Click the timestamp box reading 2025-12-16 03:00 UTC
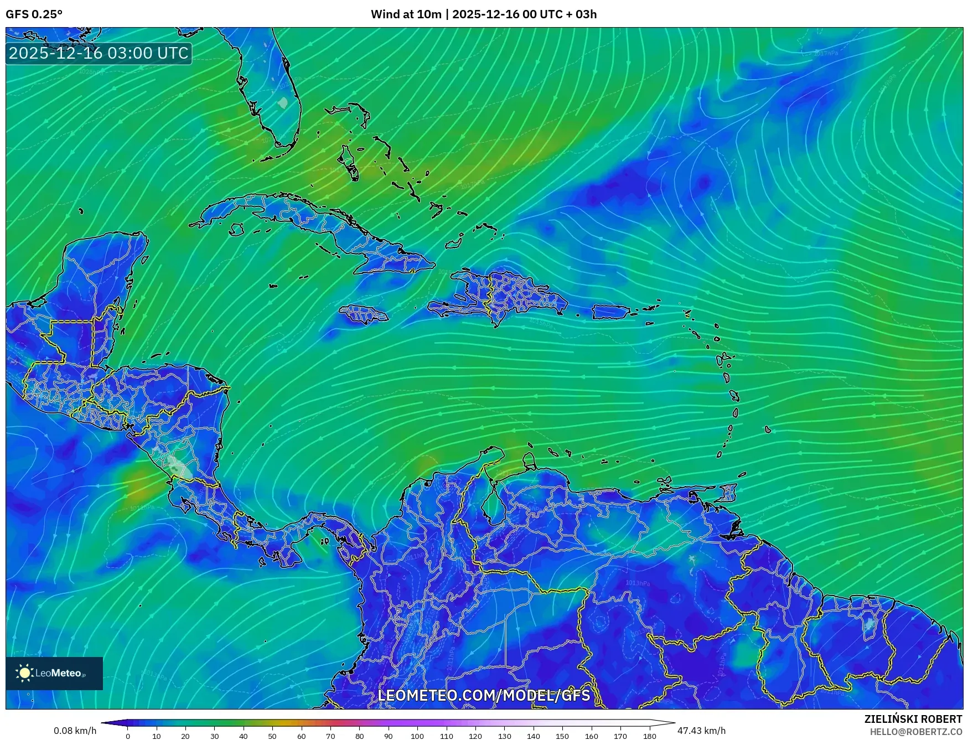tap(99, 53)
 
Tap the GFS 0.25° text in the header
tap(34, 14)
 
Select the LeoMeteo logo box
tap(54, 673)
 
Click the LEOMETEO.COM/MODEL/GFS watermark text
tap(484, 695)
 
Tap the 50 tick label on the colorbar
tap(272, 736)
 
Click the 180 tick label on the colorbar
tap(650, 736)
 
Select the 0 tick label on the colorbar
tap(128, 736)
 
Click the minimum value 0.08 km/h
tap(75, 731)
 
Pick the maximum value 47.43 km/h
tap(701, 731)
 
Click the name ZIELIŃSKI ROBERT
tap(913, 719)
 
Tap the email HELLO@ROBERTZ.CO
tap(915, 732)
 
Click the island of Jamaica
tap(363, 314)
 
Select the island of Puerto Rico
tap(611, 312)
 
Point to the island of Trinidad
tap(729, 493)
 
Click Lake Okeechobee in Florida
tap(283, 103)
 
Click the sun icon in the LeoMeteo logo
tap(25, 673)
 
